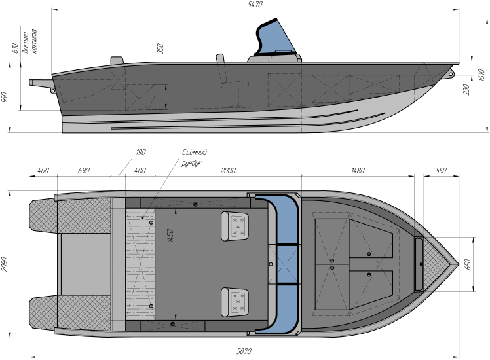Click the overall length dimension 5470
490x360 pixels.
255,5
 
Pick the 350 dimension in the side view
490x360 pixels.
160,49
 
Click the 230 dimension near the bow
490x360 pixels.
465,90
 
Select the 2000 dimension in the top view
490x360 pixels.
228,171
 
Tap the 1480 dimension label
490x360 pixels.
358,171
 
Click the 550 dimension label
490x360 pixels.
440,171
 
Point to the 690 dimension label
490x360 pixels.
83,171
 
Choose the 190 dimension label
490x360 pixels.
140,153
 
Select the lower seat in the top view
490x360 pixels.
236,300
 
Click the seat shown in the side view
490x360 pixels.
225,73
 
